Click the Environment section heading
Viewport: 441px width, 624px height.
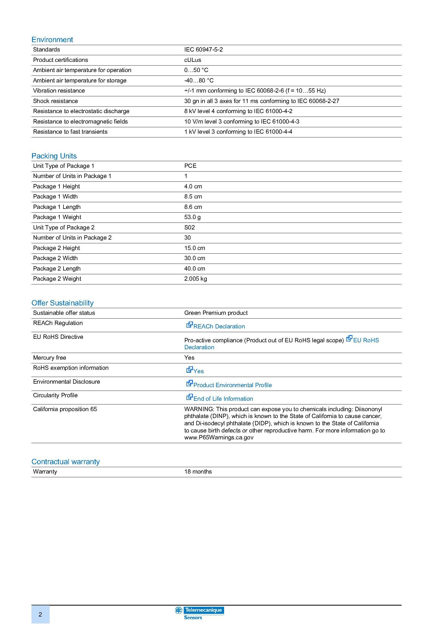click(x=52, y=40)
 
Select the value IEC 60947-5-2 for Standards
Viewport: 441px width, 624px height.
click(x=203, y=49)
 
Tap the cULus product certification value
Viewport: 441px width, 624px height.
click(x=192, y=60)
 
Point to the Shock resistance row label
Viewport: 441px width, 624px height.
click(x=55, y=101)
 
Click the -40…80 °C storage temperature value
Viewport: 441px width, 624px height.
click(x=199, y=81)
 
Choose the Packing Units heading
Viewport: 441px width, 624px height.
click(x=54, y=156)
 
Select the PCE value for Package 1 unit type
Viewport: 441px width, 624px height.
click(x=190, y=166)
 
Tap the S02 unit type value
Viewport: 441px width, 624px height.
click(x=189, y=227)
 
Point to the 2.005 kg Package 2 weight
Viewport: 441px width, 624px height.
click(x=195, y=279)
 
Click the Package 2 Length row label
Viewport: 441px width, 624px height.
click(x=57, y=269)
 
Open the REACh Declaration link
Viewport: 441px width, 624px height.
click(x=219, y=326)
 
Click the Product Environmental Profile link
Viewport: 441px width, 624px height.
click(x=232, y=385)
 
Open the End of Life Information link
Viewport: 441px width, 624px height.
click(x=223, y=398)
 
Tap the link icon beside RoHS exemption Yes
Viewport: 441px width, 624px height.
click(x=189, y=370)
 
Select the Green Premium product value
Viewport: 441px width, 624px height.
click(x=216, y=313)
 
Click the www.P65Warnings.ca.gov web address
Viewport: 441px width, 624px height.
click(x=219, y=438)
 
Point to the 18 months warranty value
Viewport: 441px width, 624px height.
click(x=198, y=471)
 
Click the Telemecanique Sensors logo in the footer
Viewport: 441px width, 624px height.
click(x=200, y=613)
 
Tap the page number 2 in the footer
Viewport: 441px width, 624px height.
click(x=40, y=614)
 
